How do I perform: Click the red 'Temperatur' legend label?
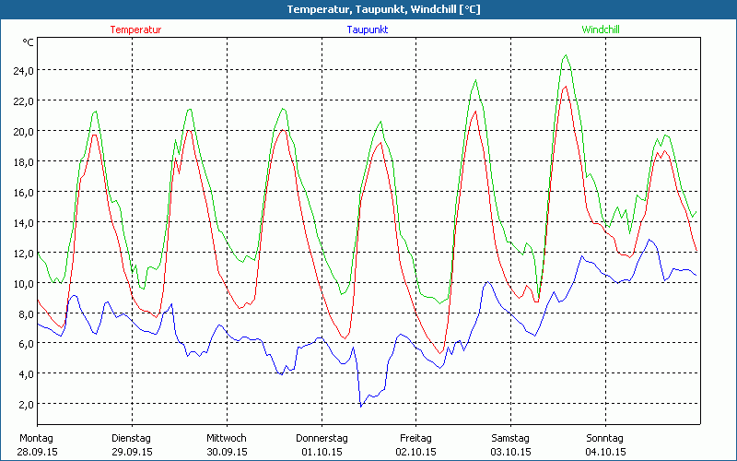(x=135, y=30)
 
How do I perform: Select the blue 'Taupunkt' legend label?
(x=367, y=30)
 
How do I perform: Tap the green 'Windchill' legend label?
(x=600, y=30)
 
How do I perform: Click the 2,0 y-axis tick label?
(x=25, y=404)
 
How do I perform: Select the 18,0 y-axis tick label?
(x=22, y=161)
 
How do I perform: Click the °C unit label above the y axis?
(x=29, y=42)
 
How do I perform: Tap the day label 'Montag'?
(x=37, y=438)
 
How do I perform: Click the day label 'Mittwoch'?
(x=226, y=438)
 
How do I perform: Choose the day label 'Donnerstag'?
(x=321, y=438)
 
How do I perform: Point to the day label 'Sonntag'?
(x=604, y=438)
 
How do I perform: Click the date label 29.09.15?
(x=131, y=452)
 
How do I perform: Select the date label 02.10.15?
(x=415, y=452)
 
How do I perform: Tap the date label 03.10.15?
(x=510, y=452)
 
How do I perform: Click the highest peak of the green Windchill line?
(x=566, y=55)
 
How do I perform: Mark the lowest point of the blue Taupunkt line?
(x=361, y=406)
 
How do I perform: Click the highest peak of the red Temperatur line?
(x=565, y=87)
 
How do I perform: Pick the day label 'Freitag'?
(x=415, y=438)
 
